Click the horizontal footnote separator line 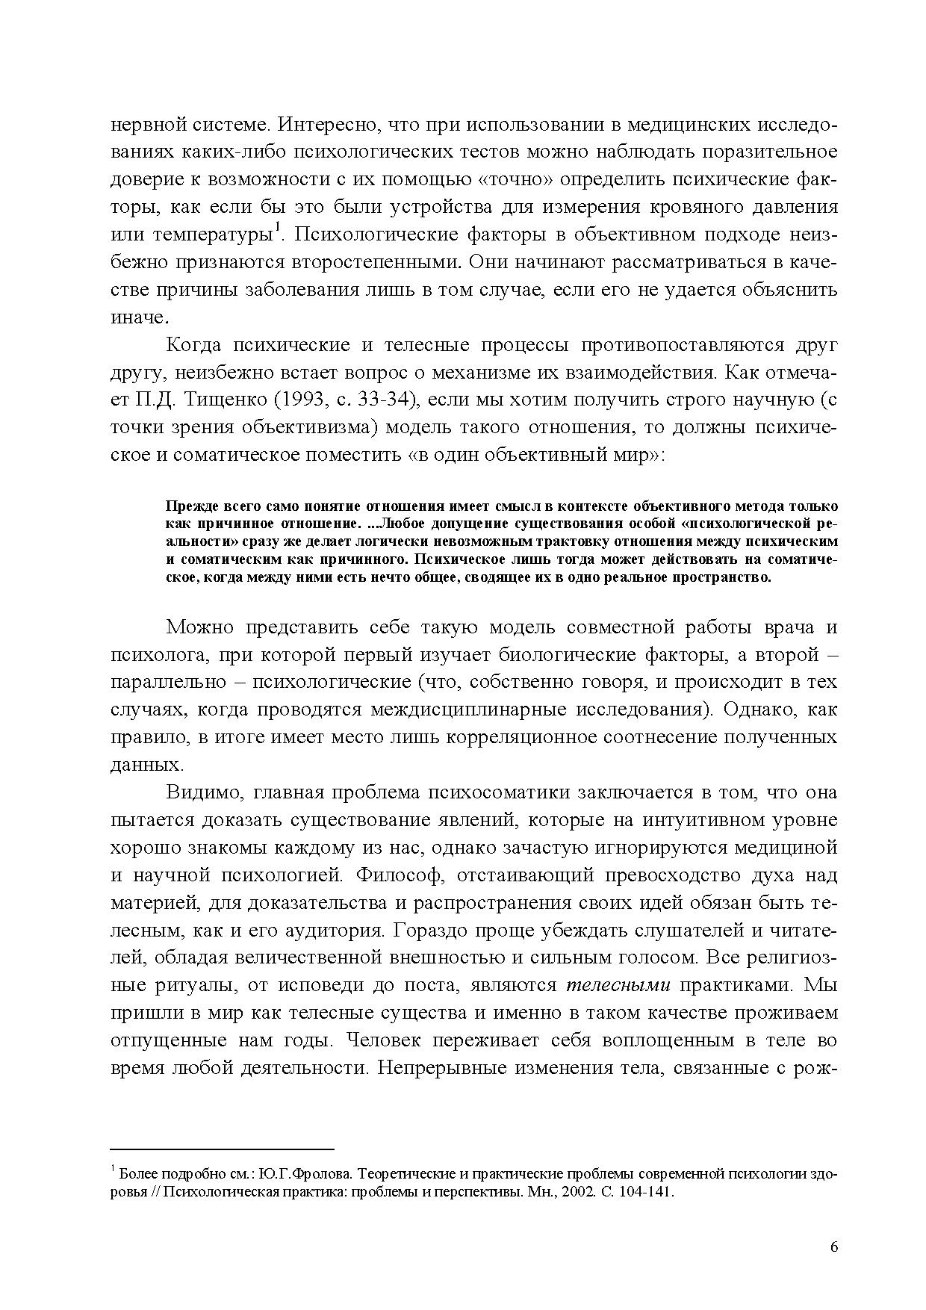(x=222, y=1149)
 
